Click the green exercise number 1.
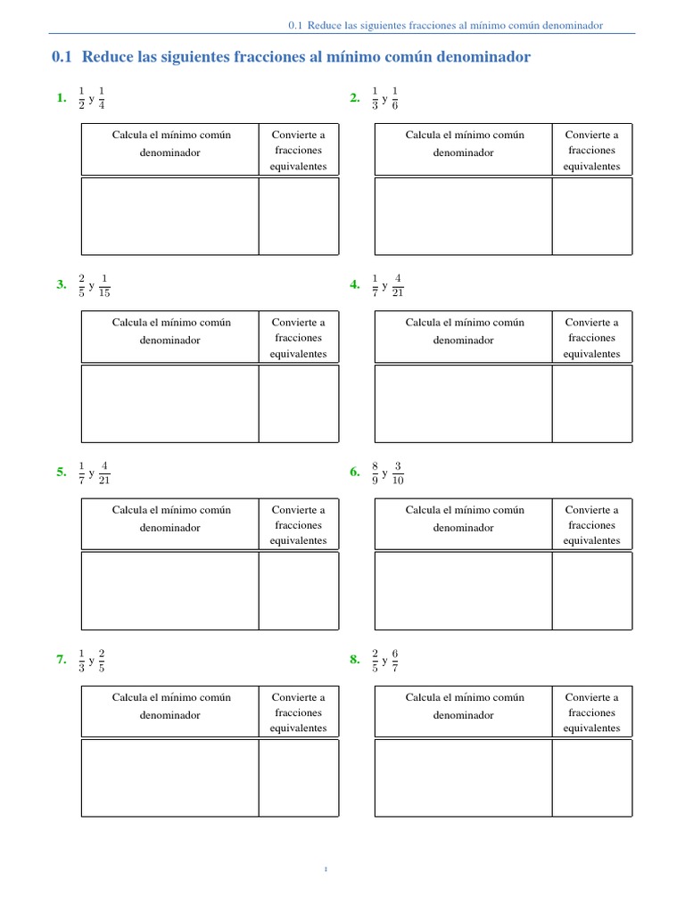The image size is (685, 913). point(61,99)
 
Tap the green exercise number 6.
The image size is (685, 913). point(355,473)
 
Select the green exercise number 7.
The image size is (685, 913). point(61,660)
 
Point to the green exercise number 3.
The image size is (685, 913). point(61,285)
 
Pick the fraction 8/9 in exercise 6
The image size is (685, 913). point(375,473)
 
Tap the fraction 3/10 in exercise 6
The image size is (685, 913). point(398,473)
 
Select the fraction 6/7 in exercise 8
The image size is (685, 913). point(395,660)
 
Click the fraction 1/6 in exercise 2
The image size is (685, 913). point(395,98)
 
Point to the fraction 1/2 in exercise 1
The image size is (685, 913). point(82,98)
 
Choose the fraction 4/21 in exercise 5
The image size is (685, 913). point(104,473)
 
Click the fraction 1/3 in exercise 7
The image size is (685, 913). point(82,660)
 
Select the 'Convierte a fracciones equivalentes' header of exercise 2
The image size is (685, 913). point(591,151)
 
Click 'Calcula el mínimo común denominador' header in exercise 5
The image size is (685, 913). point(170,519)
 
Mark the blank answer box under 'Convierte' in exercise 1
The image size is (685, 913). point(299,216)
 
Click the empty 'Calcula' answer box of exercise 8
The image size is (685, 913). point(462,778)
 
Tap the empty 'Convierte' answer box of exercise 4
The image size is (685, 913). point(591,403)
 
